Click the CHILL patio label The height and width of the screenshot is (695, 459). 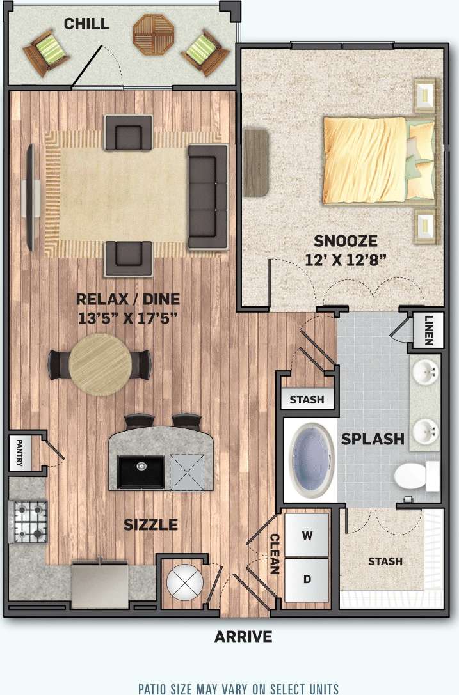[x=86, y=24]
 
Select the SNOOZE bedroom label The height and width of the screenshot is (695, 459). [x=345, y=242]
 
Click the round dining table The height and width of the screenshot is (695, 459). [x=100, y=365]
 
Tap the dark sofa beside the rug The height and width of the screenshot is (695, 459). [x=207, y=196]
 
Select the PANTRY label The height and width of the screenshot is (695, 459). [x=20, y=453]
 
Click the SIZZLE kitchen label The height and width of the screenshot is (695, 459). [x=150, y=525]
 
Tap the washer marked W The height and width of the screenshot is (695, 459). [x=307, y=535]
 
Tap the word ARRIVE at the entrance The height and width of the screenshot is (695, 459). [x=243, y=637]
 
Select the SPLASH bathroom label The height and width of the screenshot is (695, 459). [x=373, y=439]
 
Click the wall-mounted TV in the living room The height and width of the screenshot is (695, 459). [x=29, y=198]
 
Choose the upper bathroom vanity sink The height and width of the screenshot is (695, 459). [x=424, y=371]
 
